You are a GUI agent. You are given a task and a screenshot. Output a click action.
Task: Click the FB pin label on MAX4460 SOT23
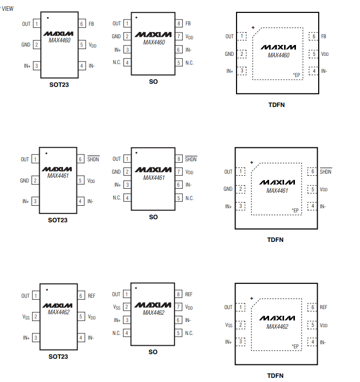[91, 24]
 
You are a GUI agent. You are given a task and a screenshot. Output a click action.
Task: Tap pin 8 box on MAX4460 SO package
[179, 24]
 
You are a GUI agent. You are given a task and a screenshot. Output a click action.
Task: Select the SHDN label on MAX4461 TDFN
[325, 172]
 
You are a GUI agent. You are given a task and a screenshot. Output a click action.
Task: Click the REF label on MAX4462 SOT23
[91, 296]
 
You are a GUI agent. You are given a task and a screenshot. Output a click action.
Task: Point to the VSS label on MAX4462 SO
[116, 307]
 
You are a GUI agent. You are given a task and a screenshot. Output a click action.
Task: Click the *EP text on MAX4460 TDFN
[296, 75]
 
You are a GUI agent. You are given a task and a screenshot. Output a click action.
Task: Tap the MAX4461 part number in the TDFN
[277, 191]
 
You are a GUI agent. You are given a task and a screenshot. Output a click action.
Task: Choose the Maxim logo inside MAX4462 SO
[153, 305]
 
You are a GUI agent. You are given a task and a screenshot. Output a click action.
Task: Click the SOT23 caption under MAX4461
[58, 220]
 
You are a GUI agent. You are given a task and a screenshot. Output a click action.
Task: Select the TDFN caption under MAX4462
[275, 376]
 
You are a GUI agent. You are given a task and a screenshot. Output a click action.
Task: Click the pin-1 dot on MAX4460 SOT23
[48, 18]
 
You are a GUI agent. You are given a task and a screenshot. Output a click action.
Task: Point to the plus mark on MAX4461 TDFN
[252, 162]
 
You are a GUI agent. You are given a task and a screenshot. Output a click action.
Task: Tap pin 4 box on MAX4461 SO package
[127, 198]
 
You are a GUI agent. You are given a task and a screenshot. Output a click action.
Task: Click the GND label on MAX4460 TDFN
[229, 54]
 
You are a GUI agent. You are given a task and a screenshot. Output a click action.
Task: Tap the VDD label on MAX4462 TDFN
[324, 325]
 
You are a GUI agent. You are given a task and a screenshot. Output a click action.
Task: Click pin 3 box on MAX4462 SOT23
[36, 338]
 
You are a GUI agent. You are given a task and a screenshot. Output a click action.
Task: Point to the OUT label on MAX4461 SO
[116, 159]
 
